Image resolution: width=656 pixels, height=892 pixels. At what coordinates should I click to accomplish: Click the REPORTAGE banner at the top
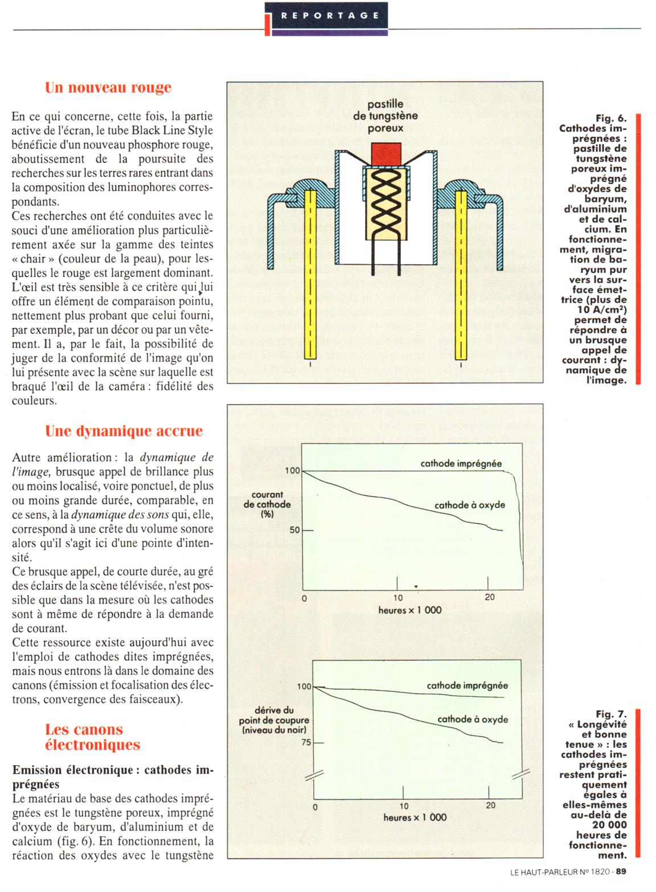point(329,15)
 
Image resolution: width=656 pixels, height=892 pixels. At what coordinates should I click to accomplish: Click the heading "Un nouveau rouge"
point(108,88)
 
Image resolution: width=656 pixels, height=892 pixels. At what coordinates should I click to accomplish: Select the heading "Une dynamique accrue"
point(124,431)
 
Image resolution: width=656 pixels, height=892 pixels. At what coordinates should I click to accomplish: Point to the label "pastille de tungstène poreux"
point(386,116)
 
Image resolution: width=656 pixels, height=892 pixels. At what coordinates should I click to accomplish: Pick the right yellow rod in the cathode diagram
point(461,273)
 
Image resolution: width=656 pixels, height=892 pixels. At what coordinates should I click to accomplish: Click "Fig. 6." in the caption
point(610,118)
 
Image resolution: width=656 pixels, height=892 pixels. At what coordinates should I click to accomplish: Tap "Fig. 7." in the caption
point(610,714)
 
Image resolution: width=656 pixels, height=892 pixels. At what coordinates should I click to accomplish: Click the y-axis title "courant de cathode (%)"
point(267,504)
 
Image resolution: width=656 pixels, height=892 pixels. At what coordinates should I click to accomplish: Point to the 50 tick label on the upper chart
point(294,530)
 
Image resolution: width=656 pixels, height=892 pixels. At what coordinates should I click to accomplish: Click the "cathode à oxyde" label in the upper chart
point(469,505)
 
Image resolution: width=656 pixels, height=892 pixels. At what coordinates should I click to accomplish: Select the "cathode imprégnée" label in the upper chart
point(461,464)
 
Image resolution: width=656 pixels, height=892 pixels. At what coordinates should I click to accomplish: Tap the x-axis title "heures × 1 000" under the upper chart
point(409,610)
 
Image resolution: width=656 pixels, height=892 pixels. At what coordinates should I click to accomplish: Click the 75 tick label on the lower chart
point(306,742)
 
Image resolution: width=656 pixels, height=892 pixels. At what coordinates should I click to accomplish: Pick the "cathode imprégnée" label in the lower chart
point(467,686)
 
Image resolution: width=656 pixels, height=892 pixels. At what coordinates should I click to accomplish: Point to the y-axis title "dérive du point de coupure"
point(273,720)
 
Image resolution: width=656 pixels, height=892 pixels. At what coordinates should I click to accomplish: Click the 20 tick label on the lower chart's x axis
point(490,806)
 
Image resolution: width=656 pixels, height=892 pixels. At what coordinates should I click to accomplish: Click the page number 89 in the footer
point(621,871)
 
